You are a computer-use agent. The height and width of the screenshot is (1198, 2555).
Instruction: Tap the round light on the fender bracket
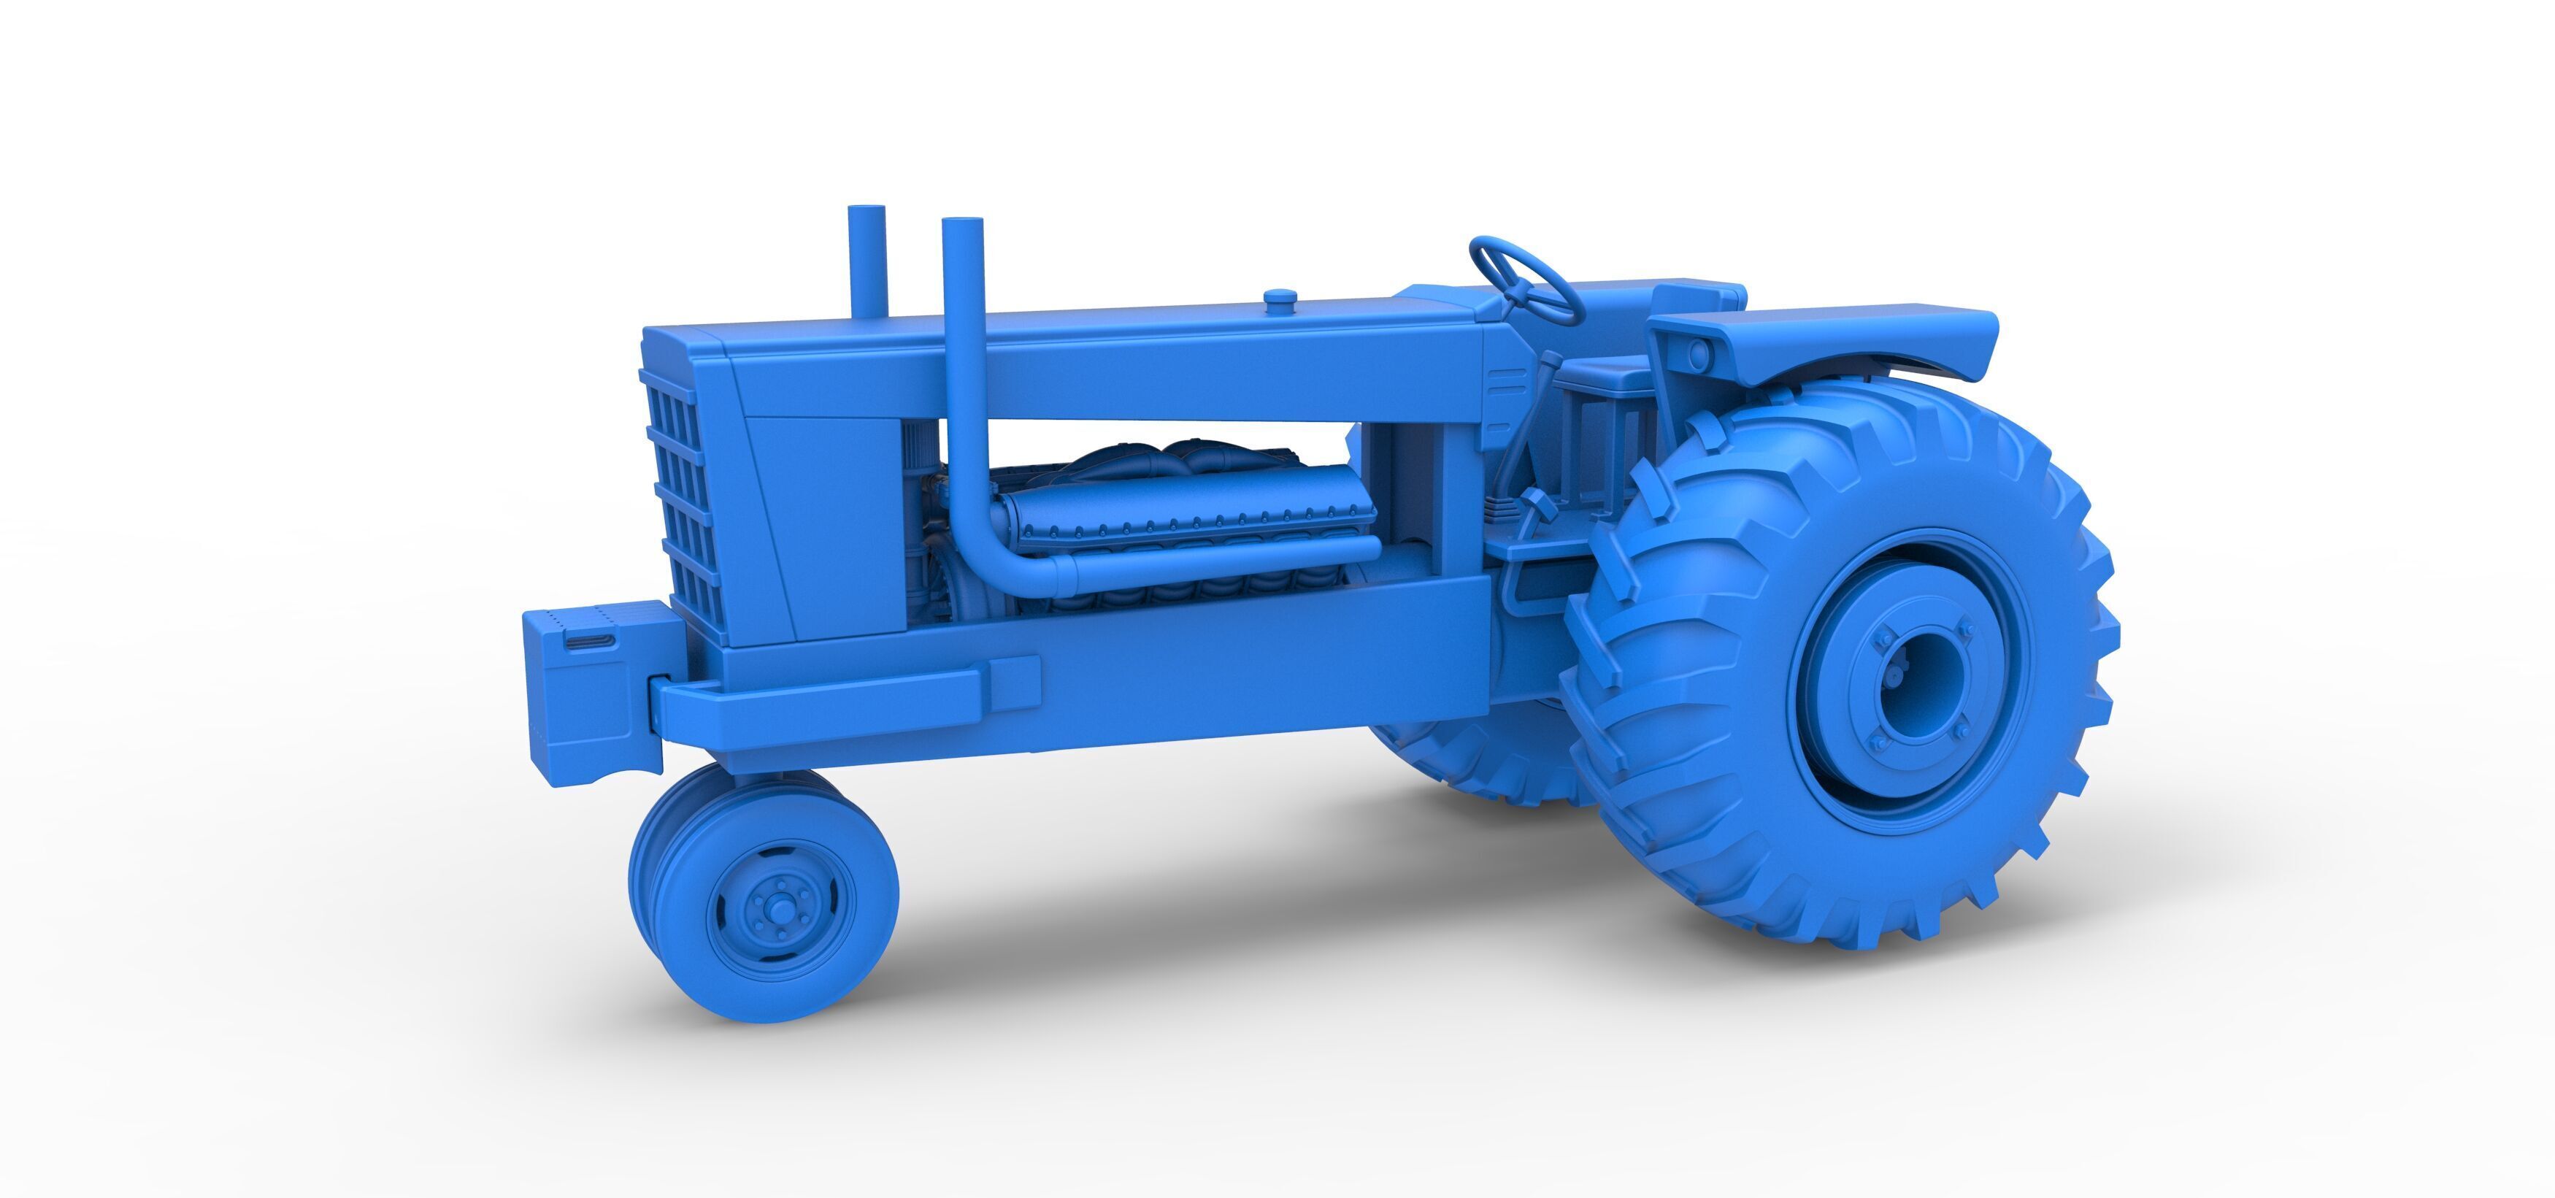click(1699, 351)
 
